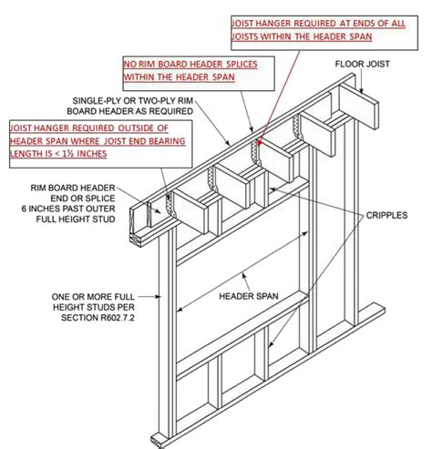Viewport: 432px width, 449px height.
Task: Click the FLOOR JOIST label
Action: click(x=362, y=64)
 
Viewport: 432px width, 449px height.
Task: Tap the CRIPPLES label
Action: click(x=386, y=215)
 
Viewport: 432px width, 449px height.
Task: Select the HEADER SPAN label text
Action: click(x=249, y=296)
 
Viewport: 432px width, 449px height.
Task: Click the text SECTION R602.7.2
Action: click(x=98, y=318)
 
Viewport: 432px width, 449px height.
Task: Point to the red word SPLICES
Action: click(x=242, y=65)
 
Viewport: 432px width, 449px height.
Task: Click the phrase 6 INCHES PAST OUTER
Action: click(x=68, y=209)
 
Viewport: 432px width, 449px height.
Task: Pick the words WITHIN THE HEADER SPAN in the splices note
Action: click(x=179, y=77)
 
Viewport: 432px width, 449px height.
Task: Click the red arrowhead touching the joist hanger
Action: click(x=260, y=142)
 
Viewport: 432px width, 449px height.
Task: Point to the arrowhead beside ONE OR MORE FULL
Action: click(x=158, y=297)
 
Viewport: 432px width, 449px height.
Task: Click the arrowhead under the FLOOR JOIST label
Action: click(x=362, y=90)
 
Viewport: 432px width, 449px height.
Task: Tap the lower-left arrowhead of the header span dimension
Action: click(x=180, y=309)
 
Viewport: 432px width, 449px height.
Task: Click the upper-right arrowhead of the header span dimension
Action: click(x=305, y=233)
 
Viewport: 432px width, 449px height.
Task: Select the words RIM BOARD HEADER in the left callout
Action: click(x=73, y=188)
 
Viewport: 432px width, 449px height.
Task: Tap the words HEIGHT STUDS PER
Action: click(x=94, y=307)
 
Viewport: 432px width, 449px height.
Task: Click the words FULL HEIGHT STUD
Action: click(x=76, y=219)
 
